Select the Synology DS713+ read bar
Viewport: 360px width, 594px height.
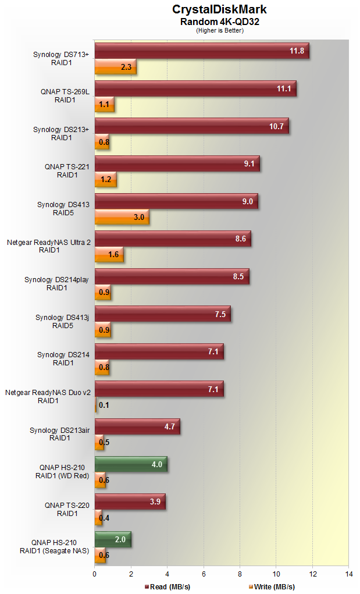pos(201,51)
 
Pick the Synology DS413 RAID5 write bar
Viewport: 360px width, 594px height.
pos(122,217)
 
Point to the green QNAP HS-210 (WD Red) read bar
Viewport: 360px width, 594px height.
pos(130,465)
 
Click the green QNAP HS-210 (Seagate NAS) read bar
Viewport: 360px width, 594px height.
pos(112,539)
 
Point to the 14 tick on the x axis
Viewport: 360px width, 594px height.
pos(348,573)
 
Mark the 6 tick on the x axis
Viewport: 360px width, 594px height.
pos(204,573)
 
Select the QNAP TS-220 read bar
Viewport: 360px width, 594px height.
pos(130,501)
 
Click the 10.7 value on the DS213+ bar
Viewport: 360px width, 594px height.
pos(276,126)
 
